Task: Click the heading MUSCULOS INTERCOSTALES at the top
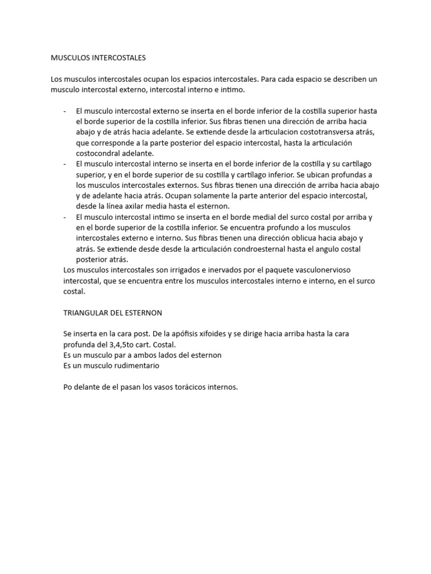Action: [x=98, y=57]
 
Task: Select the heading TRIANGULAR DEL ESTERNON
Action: [x=113, y=312]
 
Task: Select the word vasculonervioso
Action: [x=328, y=270]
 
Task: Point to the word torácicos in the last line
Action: [x=192, y=387]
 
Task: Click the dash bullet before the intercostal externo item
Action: [x=66, y=110]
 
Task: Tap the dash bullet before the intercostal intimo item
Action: [x=66, y=216]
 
